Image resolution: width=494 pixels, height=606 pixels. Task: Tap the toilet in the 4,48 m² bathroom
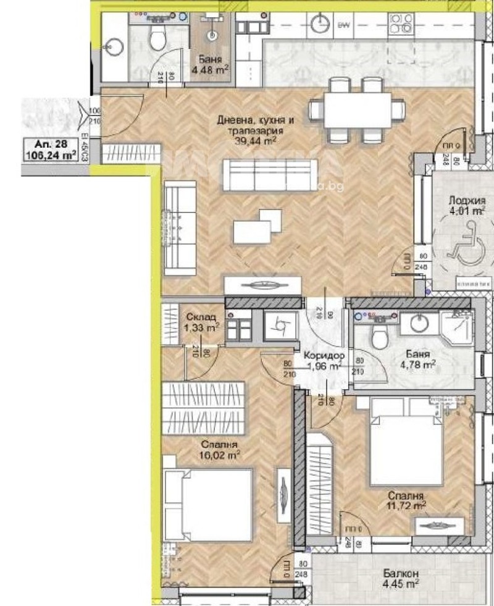point(157,40)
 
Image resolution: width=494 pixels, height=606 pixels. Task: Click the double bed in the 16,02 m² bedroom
point(208,503)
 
